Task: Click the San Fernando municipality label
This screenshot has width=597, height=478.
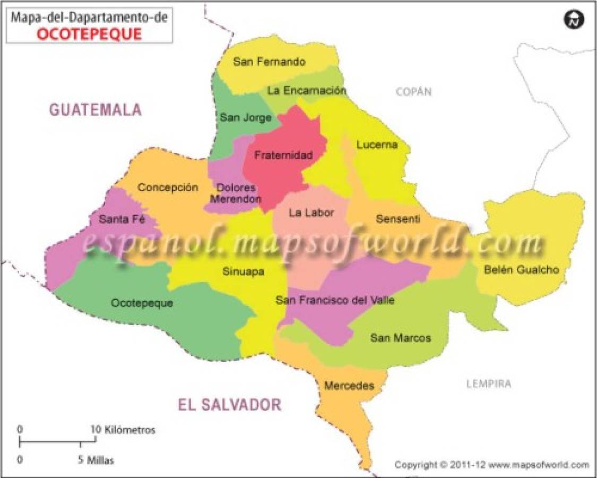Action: [269, 62]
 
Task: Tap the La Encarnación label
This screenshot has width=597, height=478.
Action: [306, 90]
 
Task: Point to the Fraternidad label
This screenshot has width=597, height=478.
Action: [283, 155]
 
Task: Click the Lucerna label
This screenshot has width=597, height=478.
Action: [377, 144]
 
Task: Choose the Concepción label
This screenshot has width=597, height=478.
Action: [168, 187]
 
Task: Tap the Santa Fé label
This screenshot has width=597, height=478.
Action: [122, 218]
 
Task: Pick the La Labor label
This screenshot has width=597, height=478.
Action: [312, 213]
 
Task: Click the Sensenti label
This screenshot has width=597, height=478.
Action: [397, 218]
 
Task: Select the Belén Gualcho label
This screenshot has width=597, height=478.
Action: [521, 269]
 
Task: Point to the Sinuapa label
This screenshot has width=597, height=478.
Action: [244, 271]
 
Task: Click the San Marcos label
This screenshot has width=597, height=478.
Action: [400, 337]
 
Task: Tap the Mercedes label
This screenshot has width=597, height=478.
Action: [349, 385]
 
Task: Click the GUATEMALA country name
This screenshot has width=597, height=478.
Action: [96, 110]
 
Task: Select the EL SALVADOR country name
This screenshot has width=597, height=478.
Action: [229, 405]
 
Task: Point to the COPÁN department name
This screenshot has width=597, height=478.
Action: [414, 92]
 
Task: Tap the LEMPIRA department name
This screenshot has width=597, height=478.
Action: [488, 383]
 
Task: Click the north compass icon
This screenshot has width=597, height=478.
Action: [573, 20]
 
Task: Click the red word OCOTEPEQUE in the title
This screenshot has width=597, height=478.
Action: [89, 34]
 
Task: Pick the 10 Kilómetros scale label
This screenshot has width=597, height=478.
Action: [123, 430]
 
